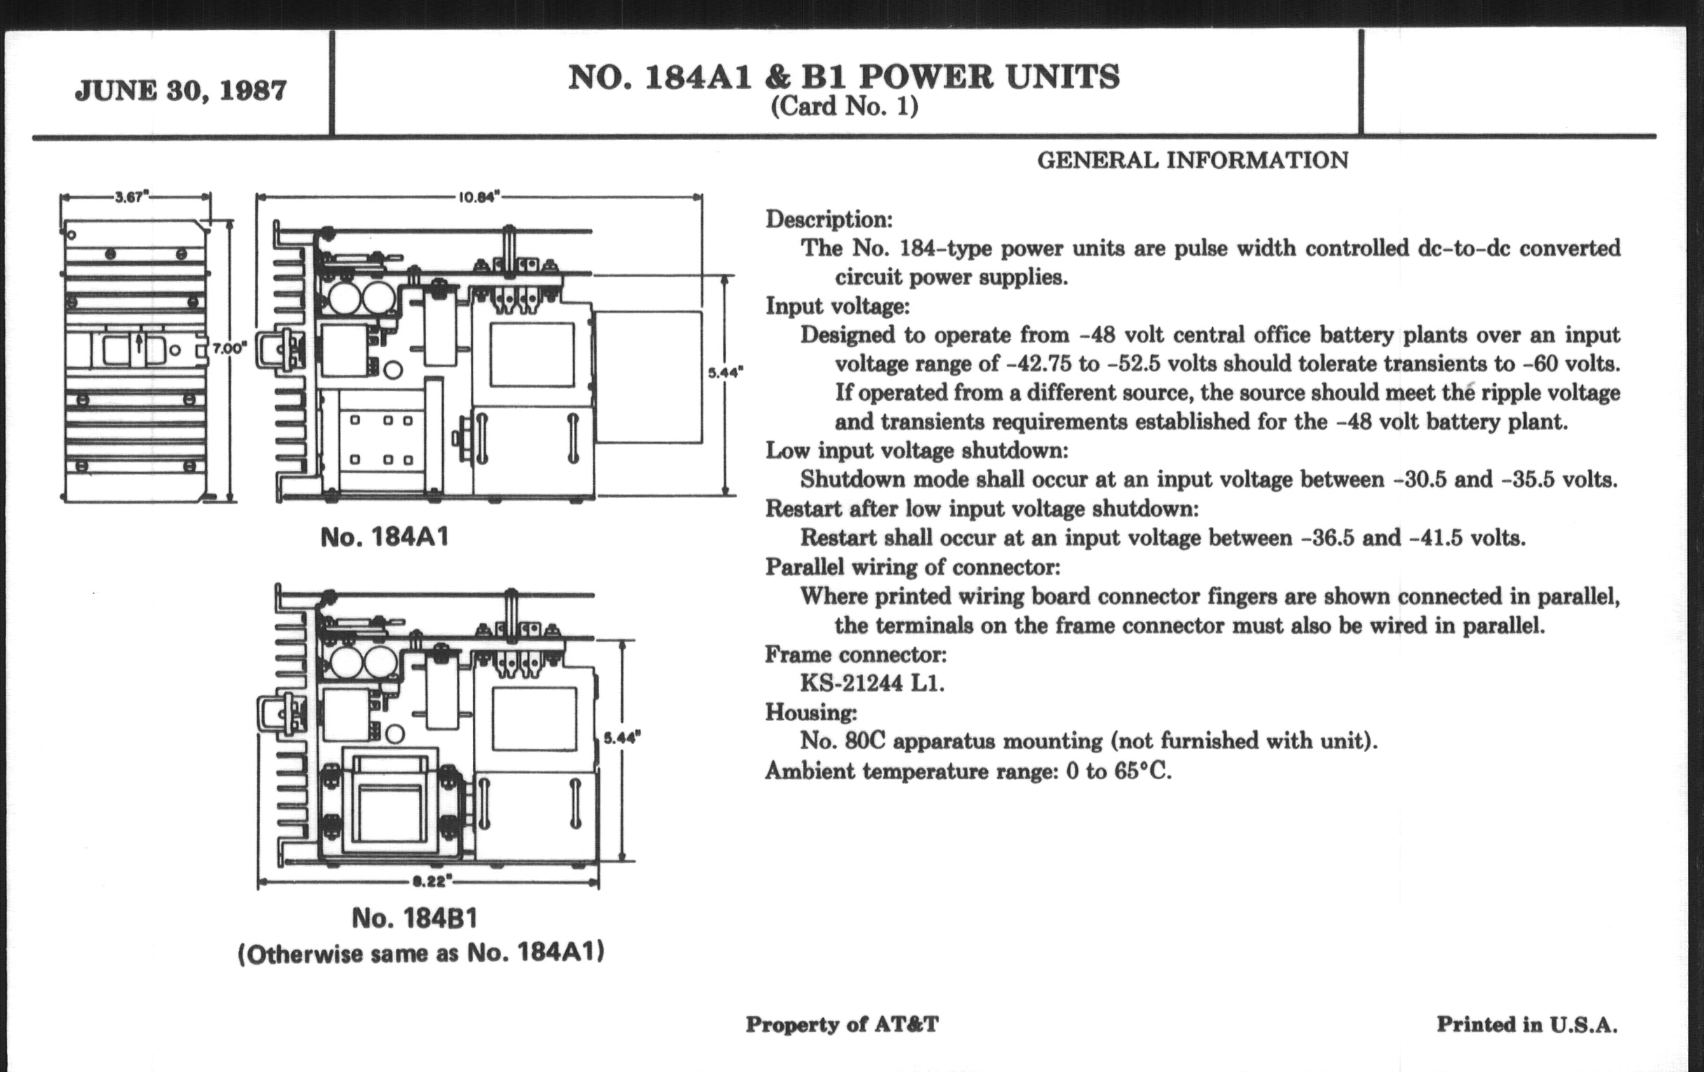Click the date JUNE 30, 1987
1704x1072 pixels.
181,91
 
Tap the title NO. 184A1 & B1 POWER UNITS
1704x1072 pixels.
844,78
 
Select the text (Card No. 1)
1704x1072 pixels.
844,106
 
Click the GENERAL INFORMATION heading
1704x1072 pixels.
1193,160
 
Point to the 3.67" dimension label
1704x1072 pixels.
131,198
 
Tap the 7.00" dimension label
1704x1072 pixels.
229,348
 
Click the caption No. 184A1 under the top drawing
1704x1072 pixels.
384,537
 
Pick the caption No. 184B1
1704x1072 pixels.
415,919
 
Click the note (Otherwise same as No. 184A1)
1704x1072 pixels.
421,954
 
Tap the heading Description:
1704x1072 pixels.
829,219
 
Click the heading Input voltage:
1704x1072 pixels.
837,306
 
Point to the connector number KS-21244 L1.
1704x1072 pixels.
872,684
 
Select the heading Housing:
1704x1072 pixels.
810,713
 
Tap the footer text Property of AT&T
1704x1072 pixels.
842,1024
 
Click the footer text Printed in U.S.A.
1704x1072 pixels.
1526,1024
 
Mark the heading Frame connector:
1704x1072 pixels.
856,654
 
